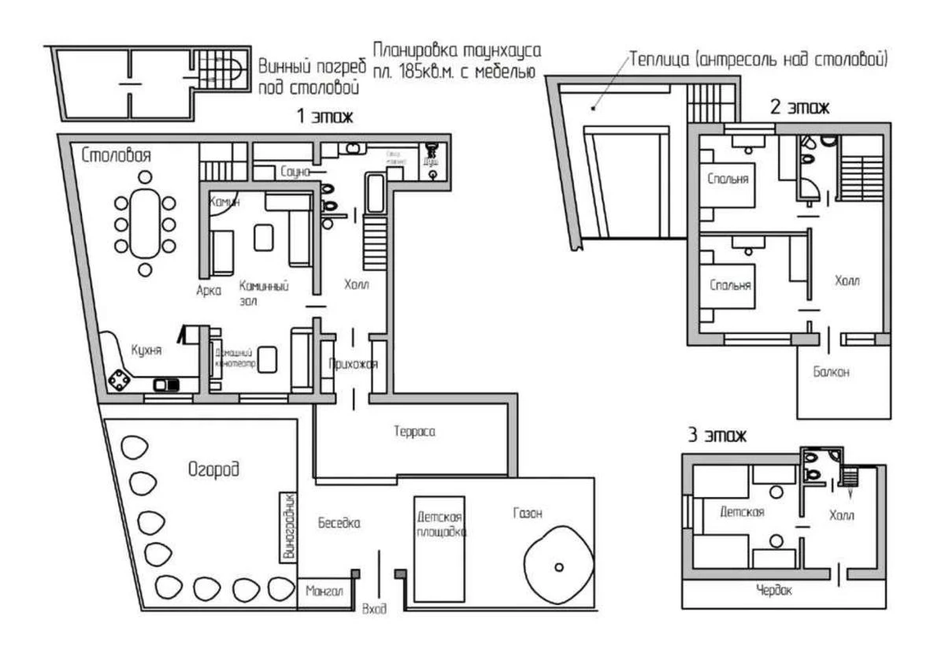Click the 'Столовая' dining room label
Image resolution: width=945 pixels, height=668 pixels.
(117, 155)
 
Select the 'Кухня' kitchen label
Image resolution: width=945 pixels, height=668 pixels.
(146, 351)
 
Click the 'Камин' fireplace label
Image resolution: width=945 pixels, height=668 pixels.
(224, 202)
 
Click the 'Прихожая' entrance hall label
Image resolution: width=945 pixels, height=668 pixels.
(354, 364)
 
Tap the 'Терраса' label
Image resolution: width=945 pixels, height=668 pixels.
(414, 432)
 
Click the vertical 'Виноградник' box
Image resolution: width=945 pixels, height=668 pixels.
(288, 527)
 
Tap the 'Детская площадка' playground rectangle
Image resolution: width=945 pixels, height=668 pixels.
(439, 548)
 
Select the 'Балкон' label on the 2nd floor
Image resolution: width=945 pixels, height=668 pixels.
(832, 373)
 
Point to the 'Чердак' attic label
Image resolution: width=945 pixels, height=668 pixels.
(773, 590)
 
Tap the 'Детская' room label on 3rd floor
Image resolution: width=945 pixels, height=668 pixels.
(742, 512)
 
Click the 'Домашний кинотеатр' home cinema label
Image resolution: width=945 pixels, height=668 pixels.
(233, 358)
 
